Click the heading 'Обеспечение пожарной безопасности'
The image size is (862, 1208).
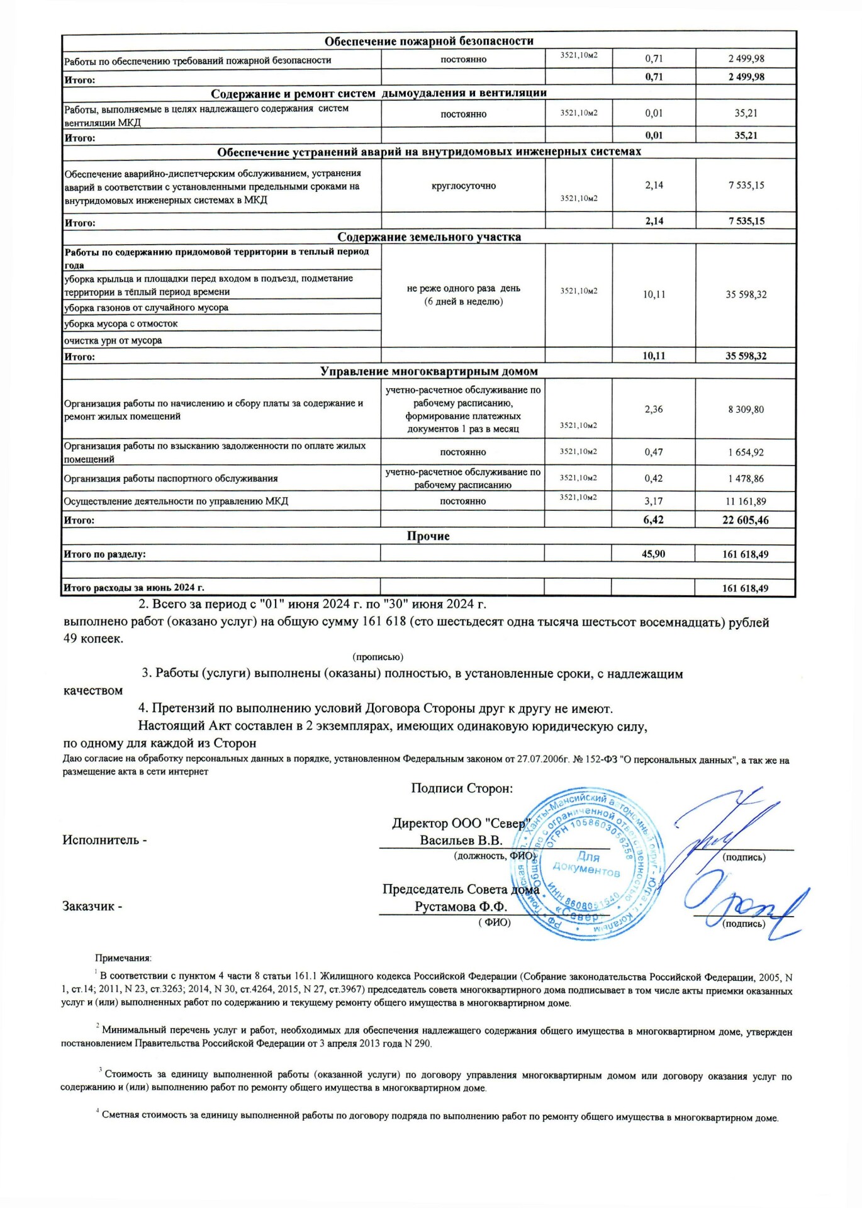tap(428, 42)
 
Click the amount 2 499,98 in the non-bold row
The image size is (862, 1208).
tap(746, 59)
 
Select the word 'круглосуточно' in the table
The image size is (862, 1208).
tap(464, 186)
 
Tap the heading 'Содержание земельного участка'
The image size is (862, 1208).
tap(429, 237)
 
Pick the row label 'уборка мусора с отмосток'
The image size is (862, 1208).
tap(121, 324)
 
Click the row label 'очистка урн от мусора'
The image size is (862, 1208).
tap(113, 340)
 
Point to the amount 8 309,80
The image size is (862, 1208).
tap(746, 410)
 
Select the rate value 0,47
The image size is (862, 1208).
tap(654, 452)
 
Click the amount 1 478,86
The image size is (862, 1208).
tap(746, 479)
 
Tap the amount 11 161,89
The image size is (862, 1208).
tap(746, 502)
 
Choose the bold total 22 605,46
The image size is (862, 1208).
tap(746, 520)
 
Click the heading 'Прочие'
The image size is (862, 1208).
tap(428, 537)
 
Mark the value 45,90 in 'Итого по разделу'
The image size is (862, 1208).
tap(653, 554)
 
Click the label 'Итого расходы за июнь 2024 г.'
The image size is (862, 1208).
tap(134, 588)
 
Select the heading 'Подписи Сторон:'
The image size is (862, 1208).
tap(462, 788)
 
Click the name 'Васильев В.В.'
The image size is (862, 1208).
tap(461, 841)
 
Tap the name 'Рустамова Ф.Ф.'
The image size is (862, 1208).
tap(461, 907)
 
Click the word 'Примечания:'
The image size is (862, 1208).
tap(123, 958)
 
